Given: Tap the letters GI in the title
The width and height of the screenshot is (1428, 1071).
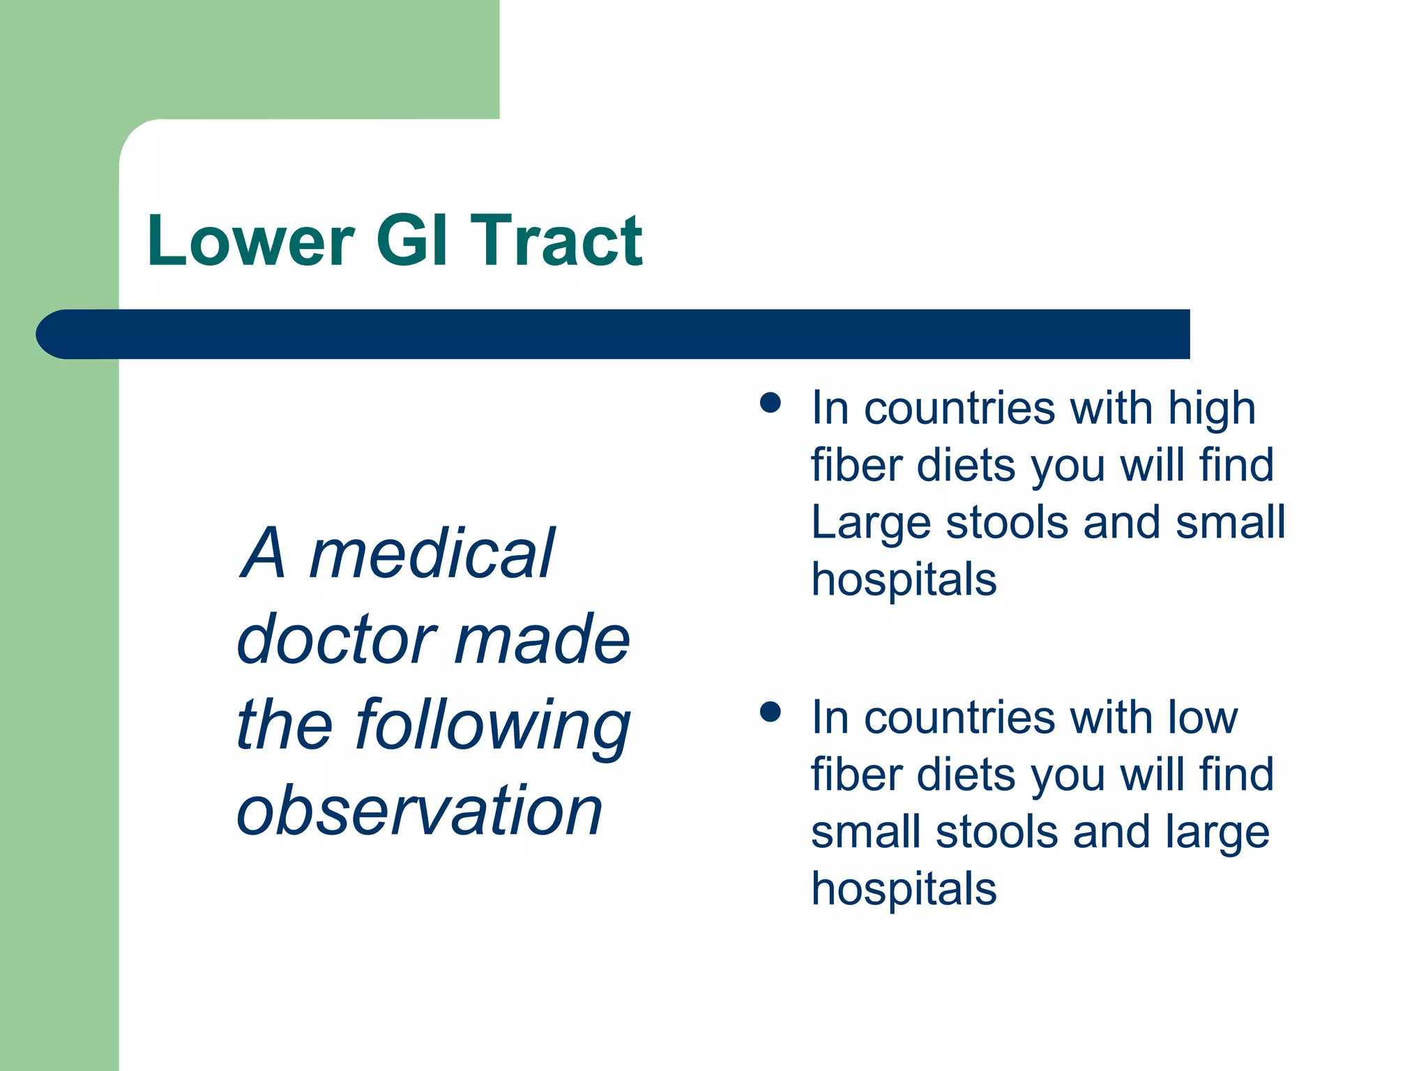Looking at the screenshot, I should pyautogui.click(x=411, y=241).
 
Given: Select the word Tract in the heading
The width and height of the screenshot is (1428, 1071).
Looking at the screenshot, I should pyautogui.click(x=556, y=241).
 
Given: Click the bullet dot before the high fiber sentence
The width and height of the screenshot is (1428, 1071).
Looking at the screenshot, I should pyautogui.click(x=770, y=403).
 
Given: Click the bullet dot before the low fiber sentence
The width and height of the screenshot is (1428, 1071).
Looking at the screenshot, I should pyautogui.click(x=770, y=712).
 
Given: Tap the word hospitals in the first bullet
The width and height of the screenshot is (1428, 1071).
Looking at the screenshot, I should pyautogui.click(x=904, y=579).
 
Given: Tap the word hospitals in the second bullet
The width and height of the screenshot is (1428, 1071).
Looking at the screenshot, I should pyautogui.click(x=904, y=889).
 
